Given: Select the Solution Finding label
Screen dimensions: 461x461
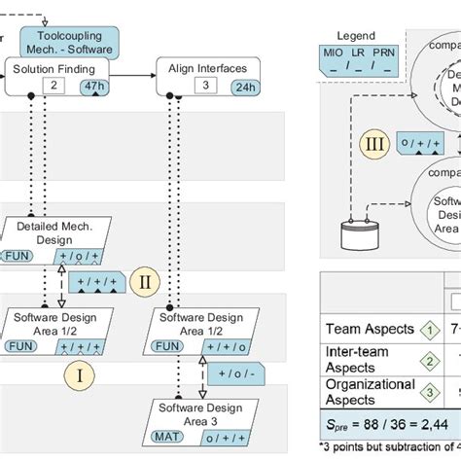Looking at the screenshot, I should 54,69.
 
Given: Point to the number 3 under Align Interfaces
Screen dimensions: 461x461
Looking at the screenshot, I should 204,86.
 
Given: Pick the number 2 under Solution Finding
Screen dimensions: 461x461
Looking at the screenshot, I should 55,86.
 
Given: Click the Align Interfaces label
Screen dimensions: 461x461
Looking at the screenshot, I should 209,69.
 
